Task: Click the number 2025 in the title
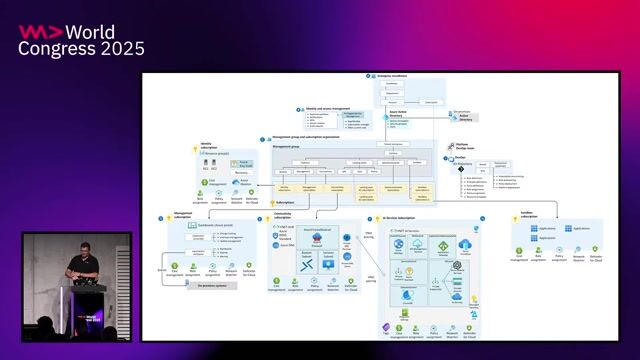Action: coord(120,48)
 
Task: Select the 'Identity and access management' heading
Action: coord(326,108)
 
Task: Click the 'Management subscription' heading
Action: coord(182,213)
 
